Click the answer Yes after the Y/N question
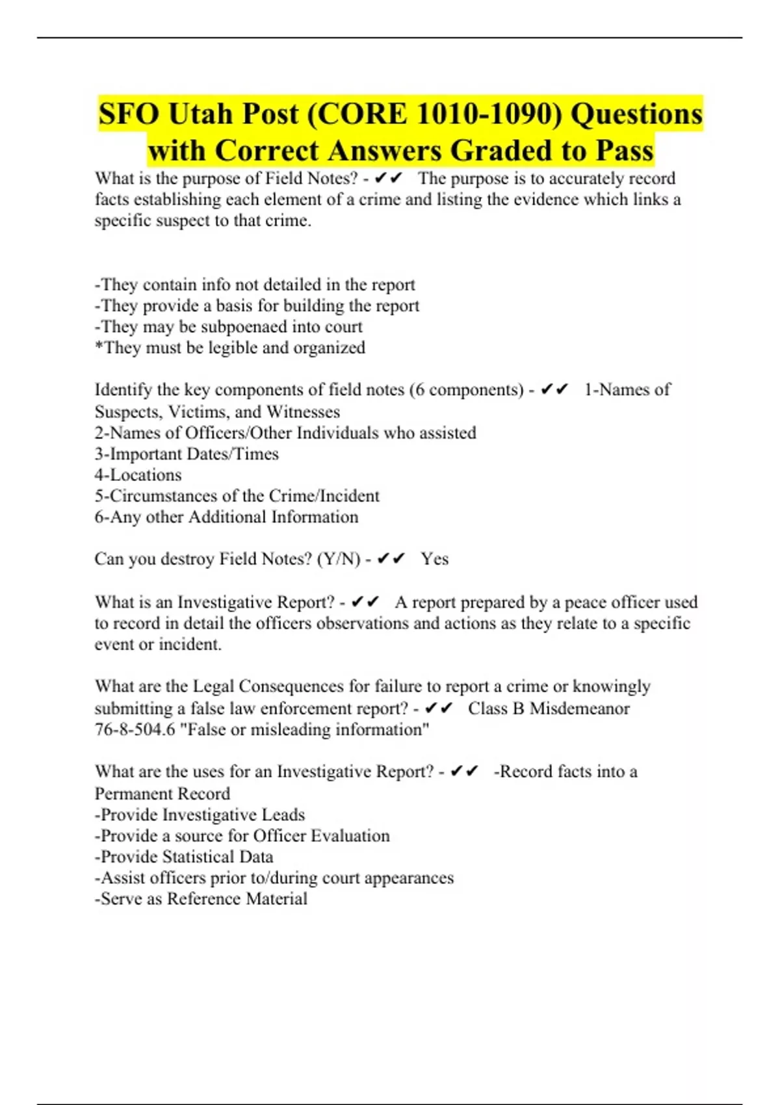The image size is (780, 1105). [x=434, y=559]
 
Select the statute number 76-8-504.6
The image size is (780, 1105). [x=135, y=729]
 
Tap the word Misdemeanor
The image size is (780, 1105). [x=579, y=708]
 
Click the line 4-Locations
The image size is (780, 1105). [x=138, y=475]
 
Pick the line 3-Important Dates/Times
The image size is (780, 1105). [x=187, y=454]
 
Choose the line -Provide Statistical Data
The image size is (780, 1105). [x=184, y=857]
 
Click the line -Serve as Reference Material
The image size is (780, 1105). [x=201, y=899]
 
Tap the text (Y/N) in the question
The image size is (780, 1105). [x=338, y=559]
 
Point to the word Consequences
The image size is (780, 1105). [x=291, y=687]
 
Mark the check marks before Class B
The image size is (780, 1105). [x=439, y=708]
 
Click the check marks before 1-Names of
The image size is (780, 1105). [x=554, y=390]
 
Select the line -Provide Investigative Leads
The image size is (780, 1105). [x=200, y=815]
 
